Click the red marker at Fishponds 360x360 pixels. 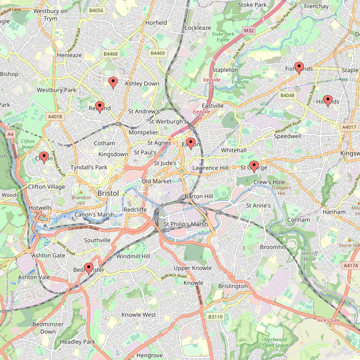299,68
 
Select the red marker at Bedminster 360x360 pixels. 88,268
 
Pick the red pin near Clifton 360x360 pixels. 44,157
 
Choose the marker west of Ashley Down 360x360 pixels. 113,83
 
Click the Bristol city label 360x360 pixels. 108,193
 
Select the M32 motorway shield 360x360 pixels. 248,31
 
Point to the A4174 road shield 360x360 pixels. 350,265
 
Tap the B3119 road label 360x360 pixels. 216,317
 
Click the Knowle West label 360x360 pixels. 139,314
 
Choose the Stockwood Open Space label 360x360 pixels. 275,342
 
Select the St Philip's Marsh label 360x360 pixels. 186,224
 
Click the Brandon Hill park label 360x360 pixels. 81,200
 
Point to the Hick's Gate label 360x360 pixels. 328,320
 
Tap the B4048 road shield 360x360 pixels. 287,95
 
